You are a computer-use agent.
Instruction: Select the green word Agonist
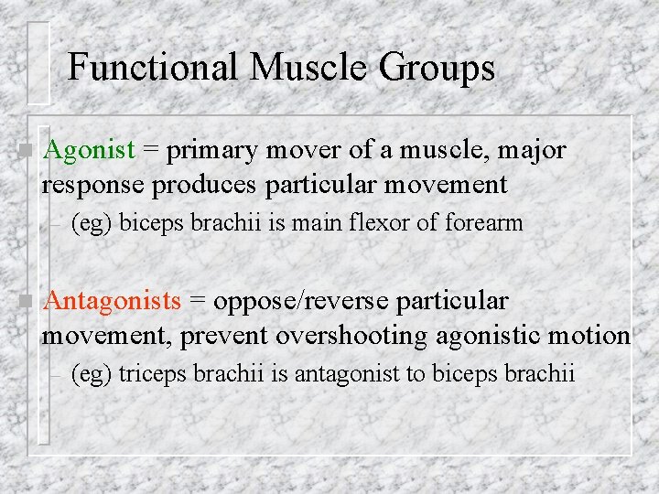pos(89,149)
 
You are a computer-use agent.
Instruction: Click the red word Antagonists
pos(112,301)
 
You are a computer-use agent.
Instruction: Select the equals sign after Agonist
pos(151,150)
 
